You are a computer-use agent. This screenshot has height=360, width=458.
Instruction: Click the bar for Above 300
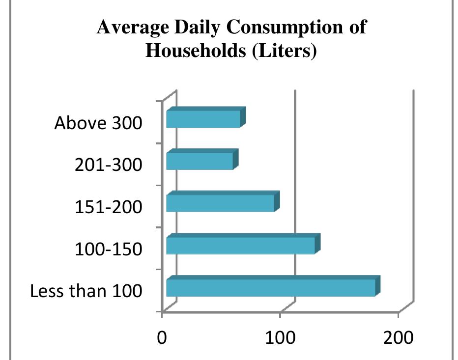tap(203, 119)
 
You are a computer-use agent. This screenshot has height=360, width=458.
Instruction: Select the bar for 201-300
tap(200, 161)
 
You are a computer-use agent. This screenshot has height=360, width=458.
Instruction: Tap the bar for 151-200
tap(220, 202)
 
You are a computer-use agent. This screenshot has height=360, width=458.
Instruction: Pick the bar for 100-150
tap(240, 245)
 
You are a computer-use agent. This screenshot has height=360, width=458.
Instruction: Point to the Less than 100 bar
tap(271, 287)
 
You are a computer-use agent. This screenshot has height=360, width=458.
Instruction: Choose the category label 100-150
tap(109, 249)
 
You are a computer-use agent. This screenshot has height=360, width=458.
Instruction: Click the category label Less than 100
tap(86, 291)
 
